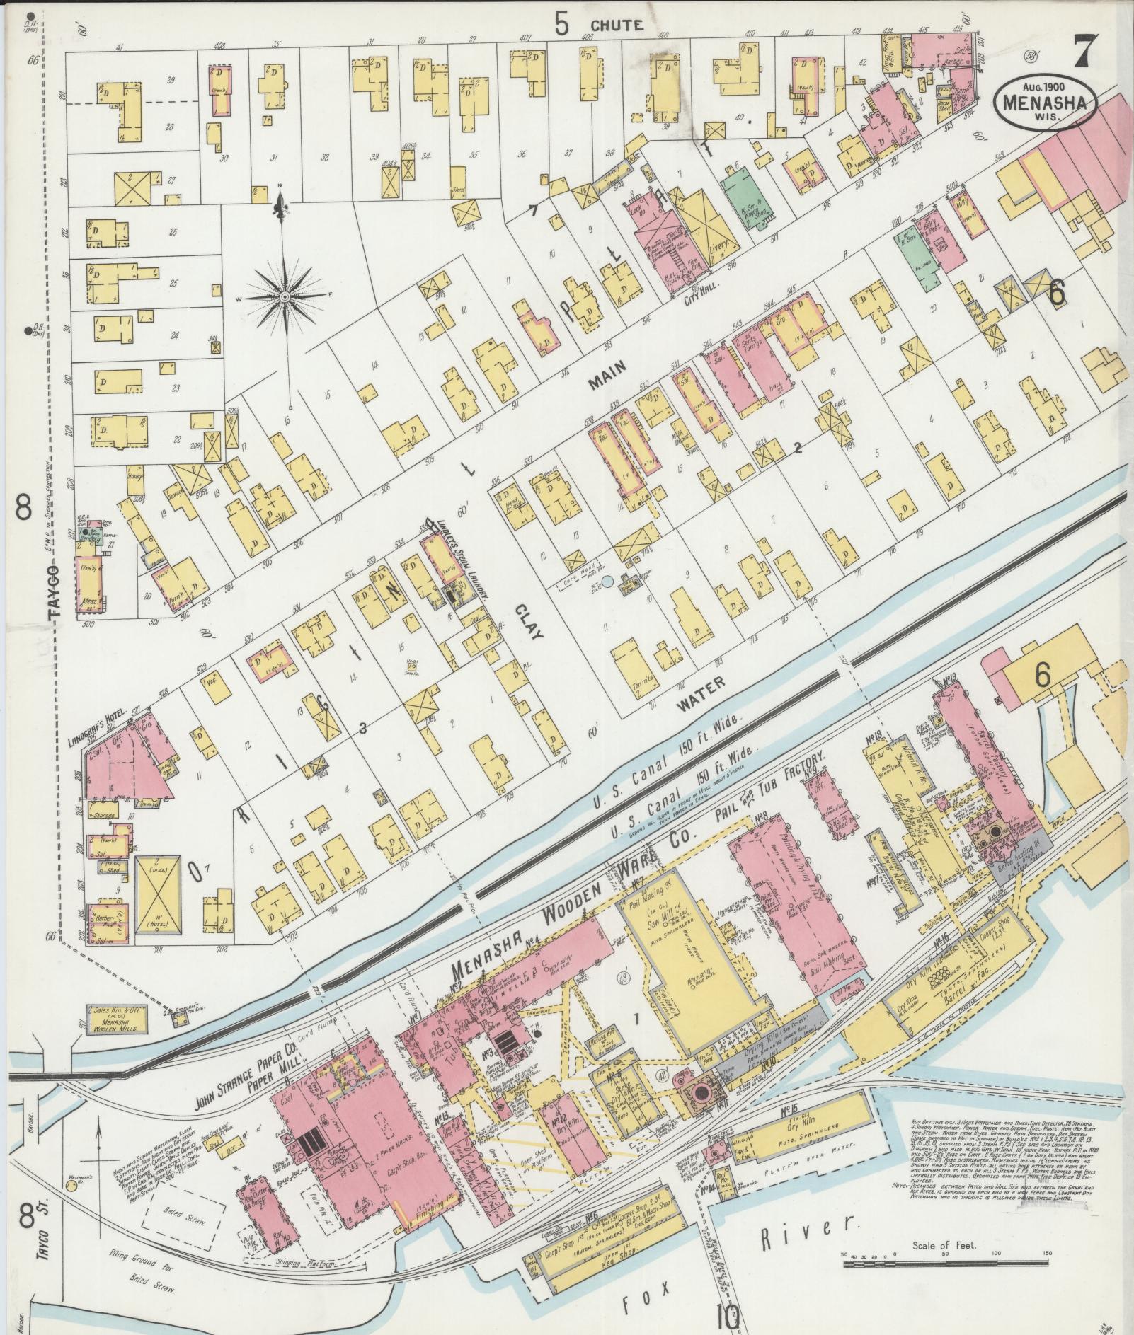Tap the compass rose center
285,296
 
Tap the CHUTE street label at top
617,25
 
